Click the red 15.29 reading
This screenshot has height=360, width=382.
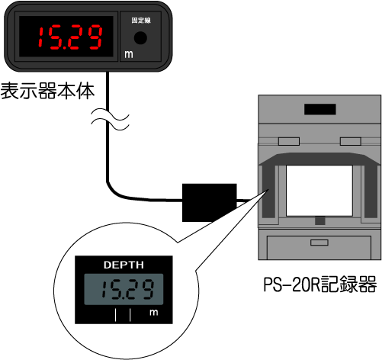(x=70, y=37)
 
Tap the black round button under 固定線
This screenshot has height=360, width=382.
(x=140, y=37)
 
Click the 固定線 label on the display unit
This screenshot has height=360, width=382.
(x=141, y=21)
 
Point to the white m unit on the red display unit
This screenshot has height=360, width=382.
(x=129, y=54)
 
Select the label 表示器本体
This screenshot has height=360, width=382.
(x=47, y=91)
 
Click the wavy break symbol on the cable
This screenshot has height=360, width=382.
(x=110, y=119)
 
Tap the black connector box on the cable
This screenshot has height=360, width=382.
(x=210, y=203)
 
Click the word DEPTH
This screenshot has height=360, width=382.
(x=124, y=265)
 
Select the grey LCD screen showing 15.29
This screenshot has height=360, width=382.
(x=124, y=289)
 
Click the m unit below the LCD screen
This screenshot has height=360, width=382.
(x=154, y=312)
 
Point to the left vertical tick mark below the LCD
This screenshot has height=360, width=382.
(x=116, y=315)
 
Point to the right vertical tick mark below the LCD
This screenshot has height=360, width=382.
(x=130, y=315)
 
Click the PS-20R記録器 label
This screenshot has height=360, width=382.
(x=320, y=284)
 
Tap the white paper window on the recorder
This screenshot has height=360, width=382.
(x=319, y=191)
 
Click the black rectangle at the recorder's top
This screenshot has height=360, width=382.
(x=320, y=109)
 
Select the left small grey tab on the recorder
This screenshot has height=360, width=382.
(x=289, y=141)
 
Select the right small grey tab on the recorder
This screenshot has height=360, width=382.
(x=351, y=141)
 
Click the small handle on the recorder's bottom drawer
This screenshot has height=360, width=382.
(x=319, y=243)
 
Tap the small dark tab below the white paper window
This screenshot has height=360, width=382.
(x=320, y=220)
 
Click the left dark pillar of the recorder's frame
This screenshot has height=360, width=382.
(x=268, y=191)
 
